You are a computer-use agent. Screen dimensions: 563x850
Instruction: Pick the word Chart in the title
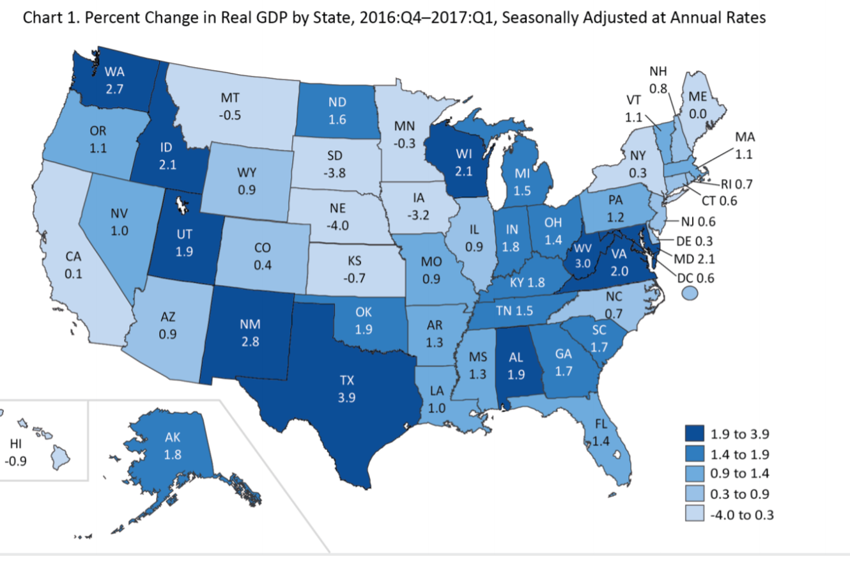[42, 18]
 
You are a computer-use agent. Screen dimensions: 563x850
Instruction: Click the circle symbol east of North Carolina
[688, 292]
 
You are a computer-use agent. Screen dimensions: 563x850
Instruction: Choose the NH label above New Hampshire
[658, 71]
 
